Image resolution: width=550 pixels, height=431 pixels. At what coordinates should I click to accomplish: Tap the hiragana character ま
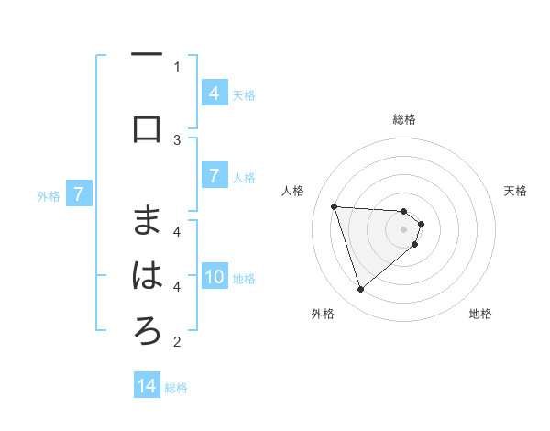[147, 220]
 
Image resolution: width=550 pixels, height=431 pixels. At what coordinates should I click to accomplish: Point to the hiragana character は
[147, 276]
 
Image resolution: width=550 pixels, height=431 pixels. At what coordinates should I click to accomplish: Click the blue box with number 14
[147, 386]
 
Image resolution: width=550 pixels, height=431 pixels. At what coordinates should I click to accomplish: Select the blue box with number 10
[214, 278]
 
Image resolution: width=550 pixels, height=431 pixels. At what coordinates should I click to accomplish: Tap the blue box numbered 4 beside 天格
[214, 94]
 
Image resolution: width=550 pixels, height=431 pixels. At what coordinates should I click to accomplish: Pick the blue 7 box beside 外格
[80, 194]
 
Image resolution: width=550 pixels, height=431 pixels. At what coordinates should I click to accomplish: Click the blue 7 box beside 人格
[214, 176]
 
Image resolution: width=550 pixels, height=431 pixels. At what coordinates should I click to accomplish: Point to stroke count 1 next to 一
[177, 66]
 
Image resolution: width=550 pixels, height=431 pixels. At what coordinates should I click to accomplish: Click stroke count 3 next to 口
[177, 139]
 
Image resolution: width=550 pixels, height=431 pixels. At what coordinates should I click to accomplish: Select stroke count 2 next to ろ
[177, 342]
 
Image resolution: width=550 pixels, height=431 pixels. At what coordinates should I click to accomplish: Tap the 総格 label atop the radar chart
[404, 119]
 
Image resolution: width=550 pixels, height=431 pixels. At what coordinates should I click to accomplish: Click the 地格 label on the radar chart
[480, 314]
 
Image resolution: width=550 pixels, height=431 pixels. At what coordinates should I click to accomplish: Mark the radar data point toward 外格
[360, 290]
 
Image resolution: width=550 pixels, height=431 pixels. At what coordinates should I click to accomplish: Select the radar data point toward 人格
[334, 206]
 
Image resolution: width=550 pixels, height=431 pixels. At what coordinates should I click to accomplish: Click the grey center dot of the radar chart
[404, 241]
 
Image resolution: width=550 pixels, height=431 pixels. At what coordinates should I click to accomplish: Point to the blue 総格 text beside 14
[176, 388]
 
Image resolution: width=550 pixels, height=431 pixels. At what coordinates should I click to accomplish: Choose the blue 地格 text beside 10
[244, 279]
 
